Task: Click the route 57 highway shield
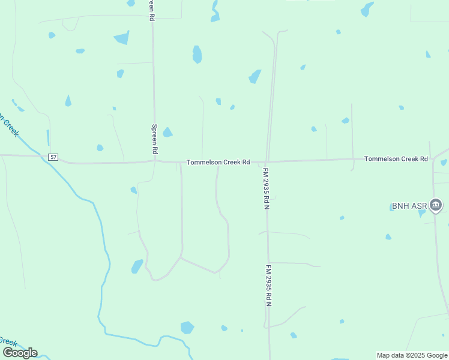coord(54,157)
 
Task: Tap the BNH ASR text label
coord(408,206)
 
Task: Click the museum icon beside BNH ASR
coord(436,206)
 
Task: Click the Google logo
coord(20,353)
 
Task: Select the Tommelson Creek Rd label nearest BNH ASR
coord(396,158)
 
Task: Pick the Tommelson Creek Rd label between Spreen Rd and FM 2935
coord(218,162)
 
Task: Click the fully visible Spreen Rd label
coord(154,139)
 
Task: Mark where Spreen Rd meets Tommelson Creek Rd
coord(155,161)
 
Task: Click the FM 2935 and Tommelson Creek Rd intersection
coord(267,161)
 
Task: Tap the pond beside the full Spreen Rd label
coord(167,132)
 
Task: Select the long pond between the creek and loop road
coord(137,266)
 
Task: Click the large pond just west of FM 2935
coord(255,76)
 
